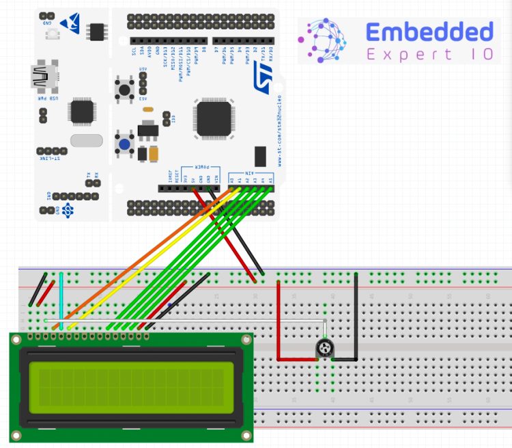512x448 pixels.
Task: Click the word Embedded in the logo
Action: (429, 31)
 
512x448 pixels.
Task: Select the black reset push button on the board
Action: (126, 88)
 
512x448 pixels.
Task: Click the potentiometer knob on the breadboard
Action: (326, 350)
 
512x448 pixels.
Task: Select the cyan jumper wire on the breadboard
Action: (61, 301)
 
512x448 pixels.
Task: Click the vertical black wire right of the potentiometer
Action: (356, 315)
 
